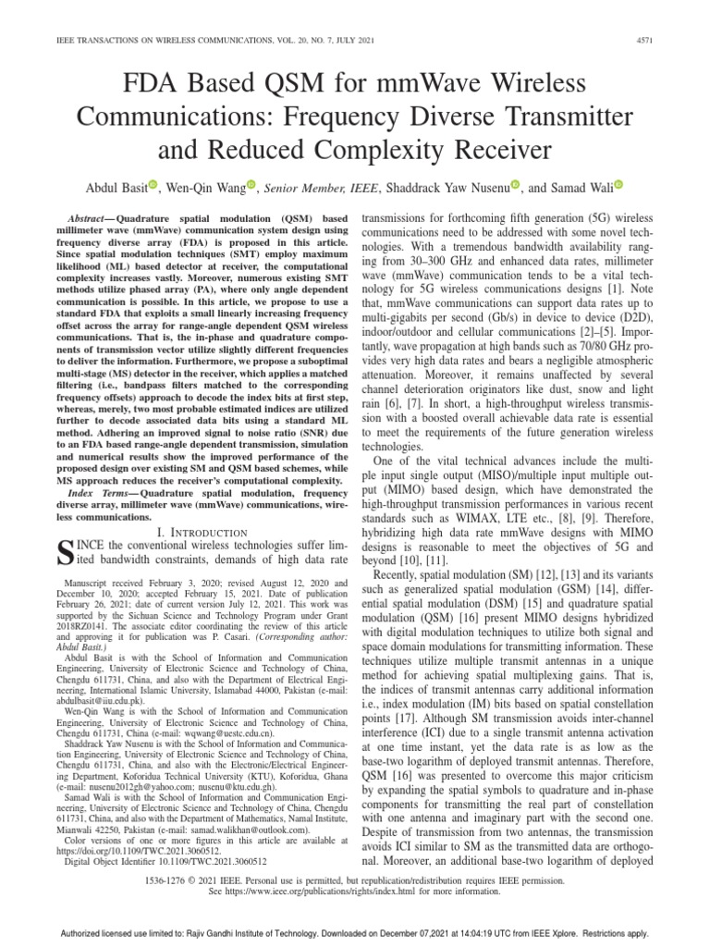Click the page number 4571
click(666, 40)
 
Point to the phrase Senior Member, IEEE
click(321, 187)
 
